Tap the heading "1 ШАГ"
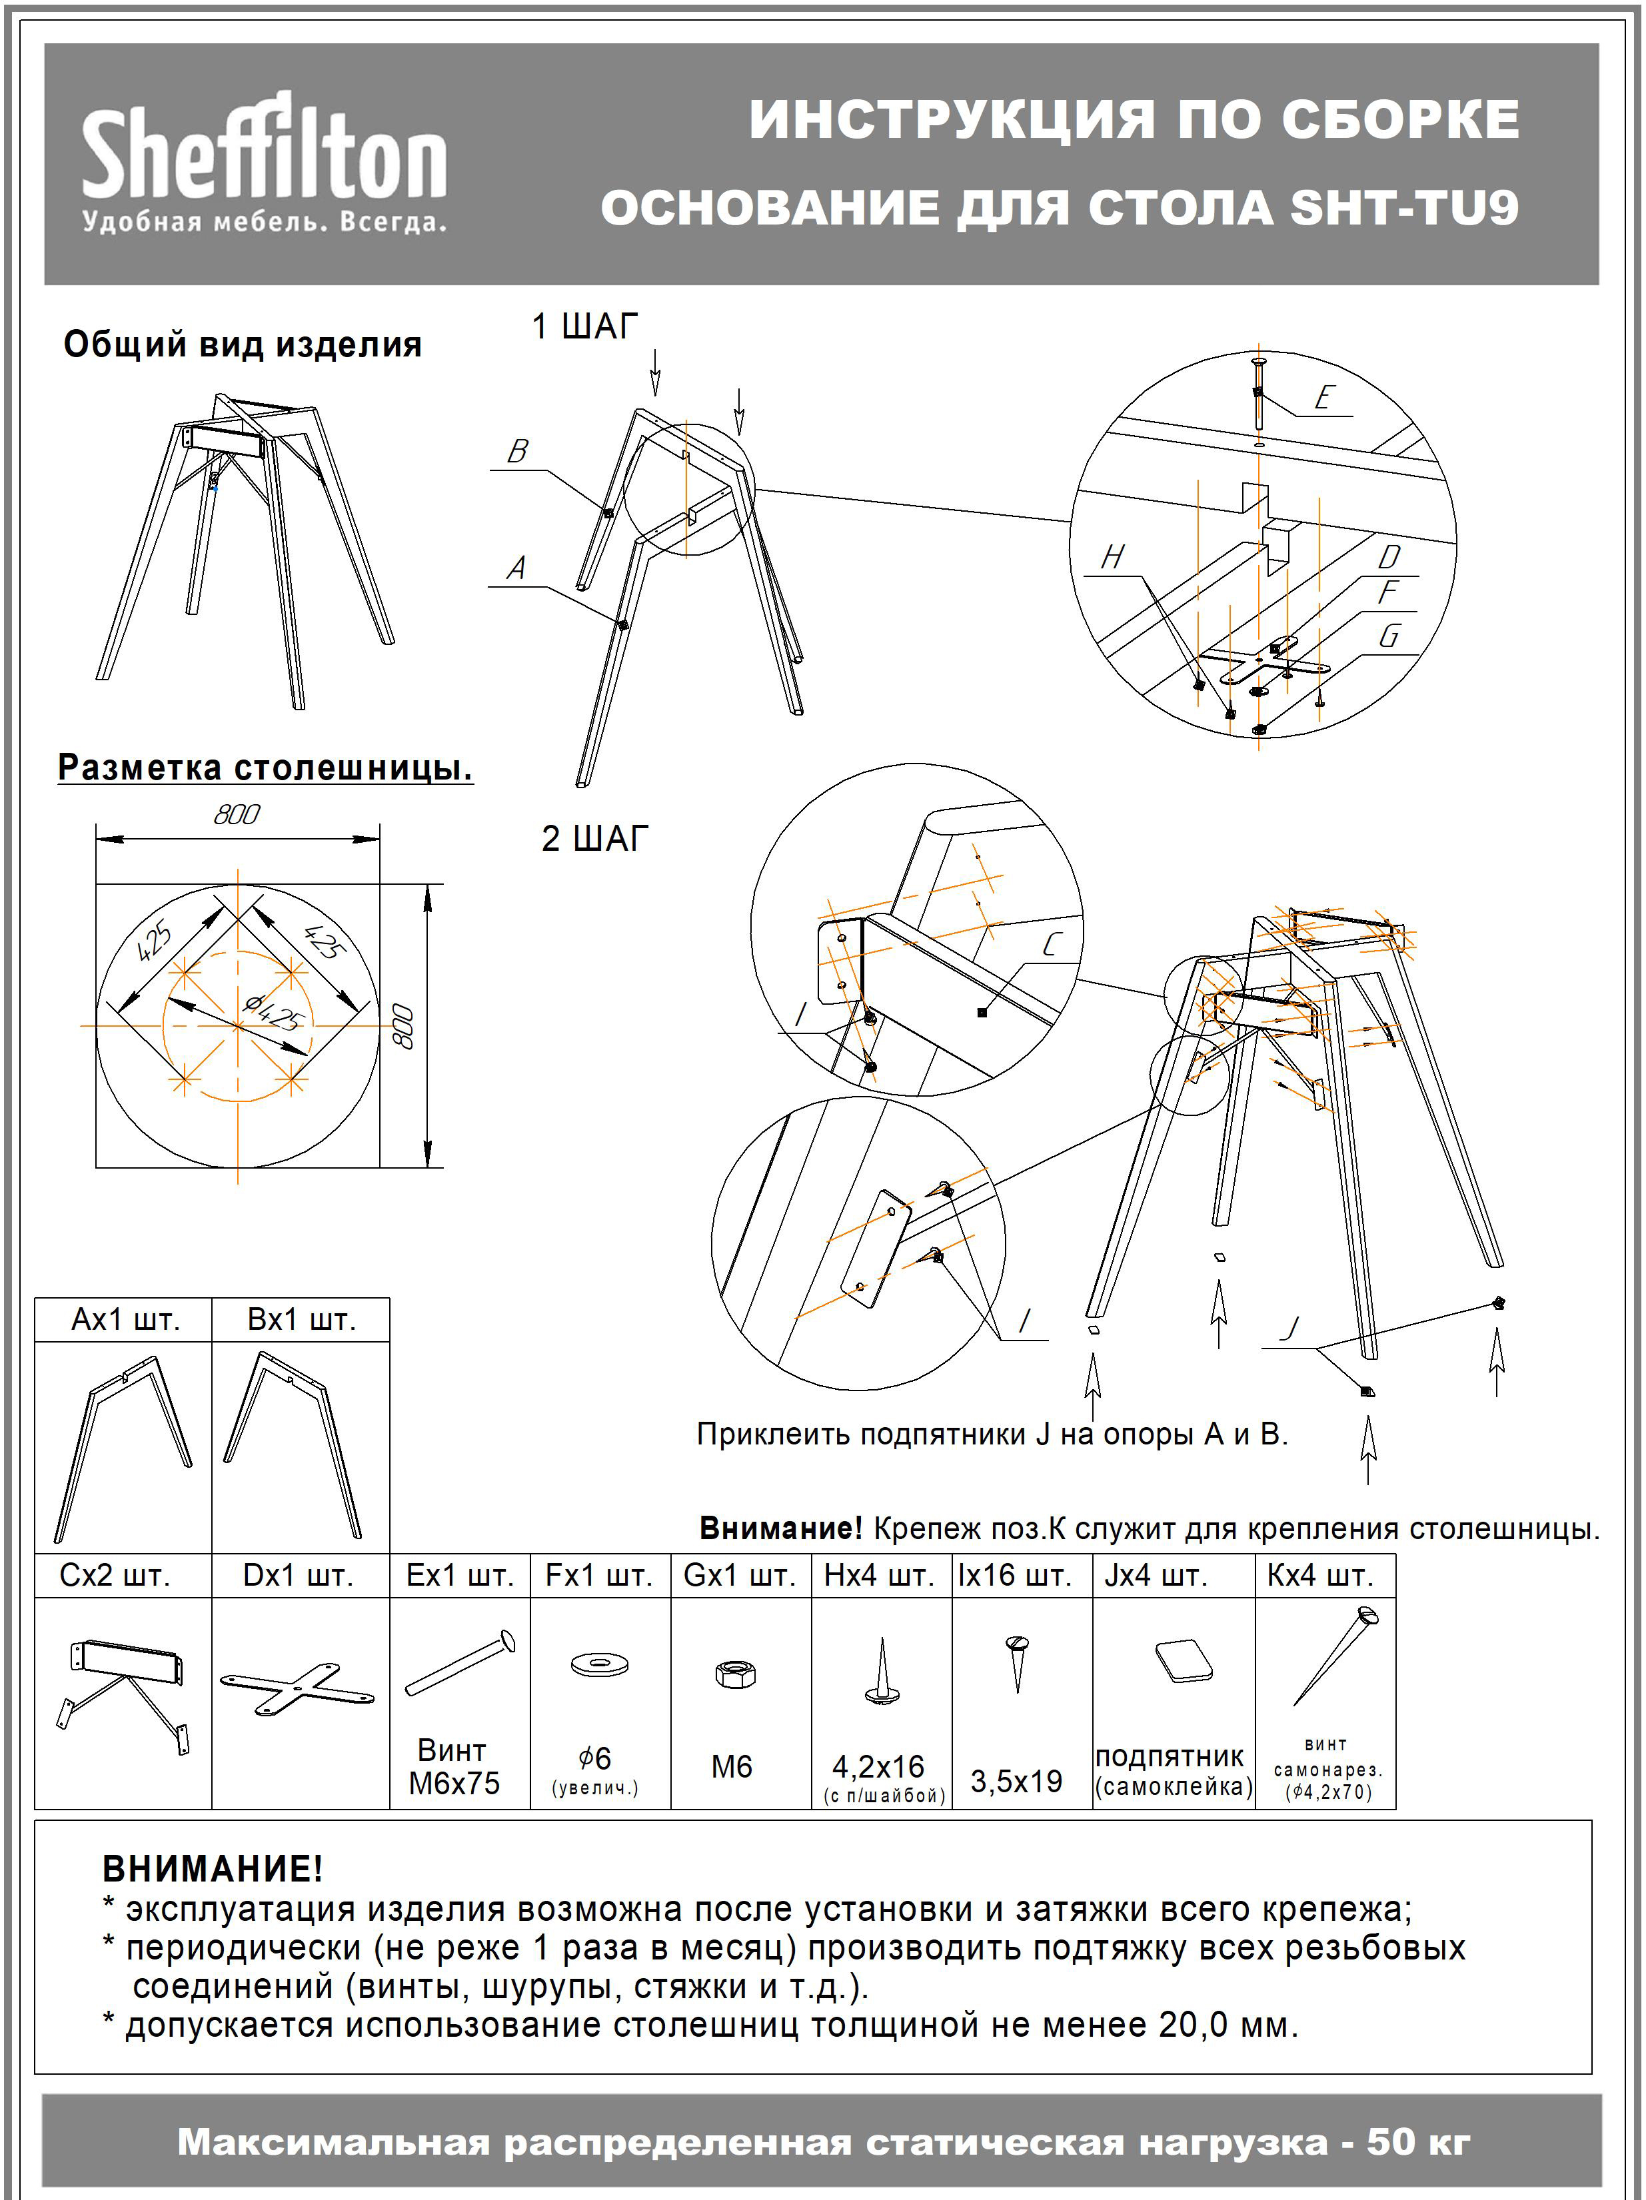(x=585, y=326)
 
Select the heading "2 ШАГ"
(x=594, y=838)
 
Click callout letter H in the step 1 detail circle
(x=1113, y=557)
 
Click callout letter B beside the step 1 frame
(x=517, y=452)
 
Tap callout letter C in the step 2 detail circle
(x=1052, y=945)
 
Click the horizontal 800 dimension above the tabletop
(x=237, y=815)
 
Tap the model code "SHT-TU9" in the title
(x=1403, y=208)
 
